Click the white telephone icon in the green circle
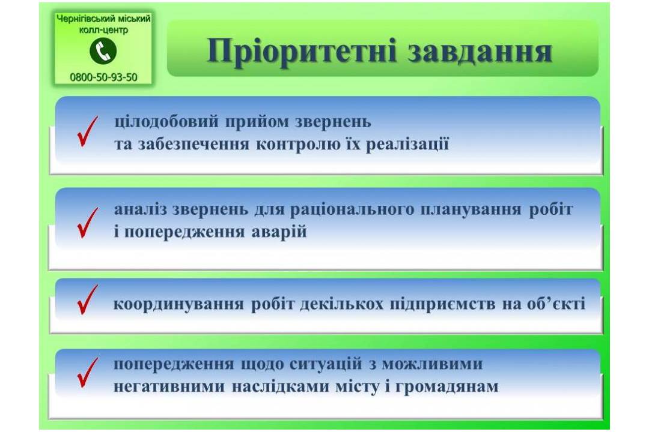pos(103,51)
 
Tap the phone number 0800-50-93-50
pos(103,77)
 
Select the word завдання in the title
pos(480,51)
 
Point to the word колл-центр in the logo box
pos(103,30)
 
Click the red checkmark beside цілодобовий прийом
pos(88,131)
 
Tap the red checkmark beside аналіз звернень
pos(88,223)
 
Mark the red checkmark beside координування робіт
pos(88,300)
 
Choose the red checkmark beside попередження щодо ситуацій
pos(88,373)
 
